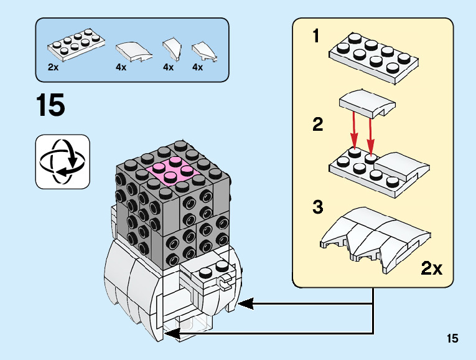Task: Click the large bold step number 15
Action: [50, 105]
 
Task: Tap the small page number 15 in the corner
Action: [452, 338]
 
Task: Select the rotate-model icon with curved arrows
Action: [63, 161]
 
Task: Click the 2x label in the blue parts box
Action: [54, 67]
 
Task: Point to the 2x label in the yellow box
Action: [431, 268]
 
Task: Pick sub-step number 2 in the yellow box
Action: [318, 125]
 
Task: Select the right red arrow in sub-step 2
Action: [371, 132]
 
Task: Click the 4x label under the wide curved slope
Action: [121, 67]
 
